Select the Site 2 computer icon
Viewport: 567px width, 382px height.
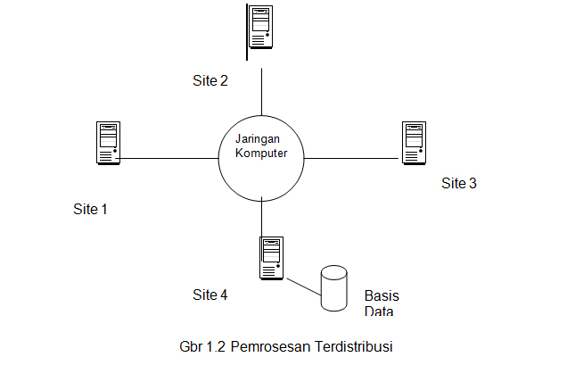pyautogui.click(x=260, y=27)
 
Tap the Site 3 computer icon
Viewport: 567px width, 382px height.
pyautogui.click(x=412, y=144)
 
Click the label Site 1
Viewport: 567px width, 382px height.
pyautogui.click(x=90, y=210)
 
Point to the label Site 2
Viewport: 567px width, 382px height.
pyautogui.click(x=210, y=80)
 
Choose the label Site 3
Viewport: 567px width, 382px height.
pyautogui.click(x=459, y=183)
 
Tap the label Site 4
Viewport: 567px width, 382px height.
pyautogui.click(x=210, y=295)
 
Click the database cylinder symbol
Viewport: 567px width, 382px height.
pyautogui.click(x=334, y=288)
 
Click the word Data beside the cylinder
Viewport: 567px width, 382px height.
pyautogui.click(x=379, y=311)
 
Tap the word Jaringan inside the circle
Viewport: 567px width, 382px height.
pyautogui.click(x=257, y=139)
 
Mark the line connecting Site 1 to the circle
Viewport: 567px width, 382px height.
pyautogui.click(x=169, y=159)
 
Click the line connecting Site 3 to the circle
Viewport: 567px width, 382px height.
pyautogui.click(x=352, y=159)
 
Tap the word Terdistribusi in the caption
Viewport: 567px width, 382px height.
pyautogui.click(x=354, y=347)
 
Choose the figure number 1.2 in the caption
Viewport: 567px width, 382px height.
pyautogui.click(x=216, y=347)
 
